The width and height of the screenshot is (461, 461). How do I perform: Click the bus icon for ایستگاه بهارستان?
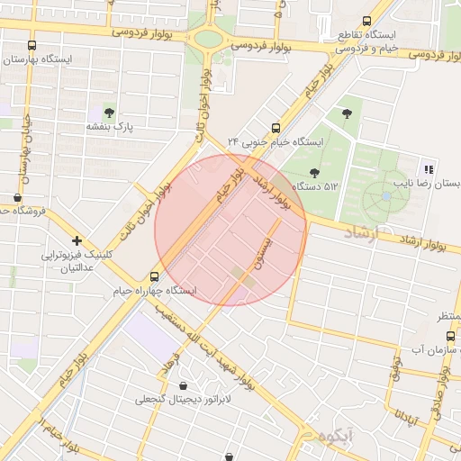[x=32, y=45]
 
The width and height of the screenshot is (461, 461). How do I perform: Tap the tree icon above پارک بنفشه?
[x=109, y=113]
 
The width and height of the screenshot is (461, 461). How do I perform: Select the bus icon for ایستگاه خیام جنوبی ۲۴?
[x=276, y=127]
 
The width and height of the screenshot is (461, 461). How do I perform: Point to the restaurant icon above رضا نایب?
[x=429, y=168]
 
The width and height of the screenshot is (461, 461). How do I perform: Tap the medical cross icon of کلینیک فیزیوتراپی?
[x=77, y=240]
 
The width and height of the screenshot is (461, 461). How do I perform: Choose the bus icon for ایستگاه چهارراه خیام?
[x=155, y=276]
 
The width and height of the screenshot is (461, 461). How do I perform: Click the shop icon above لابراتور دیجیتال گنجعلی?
[x=184, y=386]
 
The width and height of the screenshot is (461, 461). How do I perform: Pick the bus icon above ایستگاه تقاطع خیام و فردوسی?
[x=366, y=21]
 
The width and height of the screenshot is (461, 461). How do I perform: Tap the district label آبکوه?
[x=328, y=438]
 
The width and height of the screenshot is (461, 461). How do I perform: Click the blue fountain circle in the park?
[x=386, y=195]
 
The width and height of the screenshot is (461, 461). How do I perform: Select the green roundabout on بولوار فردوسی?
[x=209, y=40]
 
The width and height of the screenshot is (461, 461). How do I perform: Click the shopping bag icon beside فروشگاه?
[x=18, y=197]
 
